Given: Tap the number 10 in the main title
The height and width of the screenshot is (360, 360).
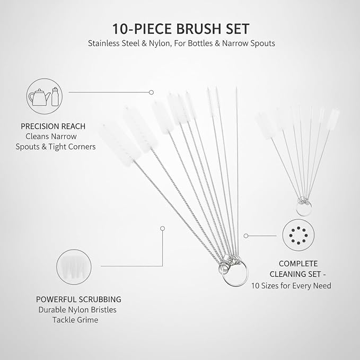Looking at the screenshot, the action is coord(119,29).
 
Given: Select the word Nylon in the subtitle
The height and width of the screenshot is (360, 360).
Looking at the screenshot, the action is coord(160,43).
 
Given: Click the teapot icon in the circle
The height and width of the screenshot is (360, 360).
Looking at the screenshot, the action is coord(39,98).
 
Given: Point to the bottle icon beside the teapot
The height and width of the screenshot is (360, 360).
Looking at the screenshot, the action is coord(55,96).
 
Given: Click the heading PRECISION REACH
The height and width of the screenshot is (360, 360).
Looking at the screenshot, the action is coord(53,126).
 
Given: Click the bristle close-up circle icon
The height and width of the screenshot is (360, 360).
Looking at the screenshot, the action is coord(74,267).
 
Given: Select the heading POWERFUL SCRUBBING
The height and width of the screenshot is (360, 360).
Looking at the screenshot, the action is coord(78,300).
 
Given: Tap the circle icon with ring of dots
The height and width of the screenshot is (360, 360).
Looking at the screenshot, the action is coord(298,235).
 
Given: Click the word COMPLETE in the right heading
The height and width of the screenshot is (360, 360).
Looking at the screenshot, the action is coord(298,264).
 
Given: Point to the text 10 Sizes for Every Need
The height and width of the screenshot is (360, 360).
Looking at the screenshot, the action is coord(291,286).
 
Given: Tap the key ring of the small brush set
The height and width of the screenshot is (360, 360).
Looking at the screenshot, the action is coord(304,208).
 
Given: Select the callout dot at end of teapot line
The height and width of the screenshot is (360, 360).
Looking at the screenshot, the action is coord(151,92).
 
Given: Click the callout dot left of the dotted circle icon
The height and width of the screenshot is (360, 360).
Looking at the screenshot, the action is coord(245,236).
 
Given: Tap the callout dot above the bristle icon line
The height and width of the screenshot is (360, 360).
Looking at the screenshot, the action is coord(163,229).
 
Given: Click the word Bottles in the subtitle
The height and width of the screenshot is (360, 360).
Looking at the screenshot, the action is coord(200,43).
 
